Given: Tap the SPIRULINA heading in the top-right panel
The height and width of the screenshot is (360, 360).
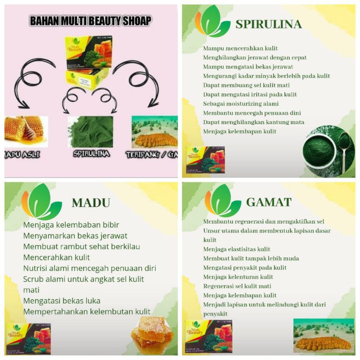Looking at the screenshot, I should (x=268, y=24).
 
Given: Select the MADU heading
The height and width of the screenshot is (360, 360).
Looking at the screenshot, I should (x=90, y=203).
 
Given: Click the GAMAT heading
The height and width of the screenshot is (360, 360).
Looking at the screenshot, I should (x=269, y=202).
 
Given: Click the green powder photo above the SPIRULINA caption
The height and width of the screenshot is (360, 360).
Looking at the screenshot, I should (x=90, y=131).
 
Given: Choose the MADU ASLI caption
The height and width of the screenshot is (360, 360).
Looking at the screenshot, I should (x=22, y=155).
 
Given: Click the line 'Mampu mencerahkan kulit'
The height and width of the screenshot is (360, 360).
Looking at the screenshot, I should (x=240, y=48).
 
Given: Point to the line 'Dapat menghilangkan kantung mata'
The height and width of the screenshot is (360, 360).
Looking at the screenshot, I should (x=253, y=122).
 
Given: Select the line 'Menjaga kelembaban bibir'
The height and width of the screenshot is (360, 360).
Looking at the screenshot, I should (x=71, y=225).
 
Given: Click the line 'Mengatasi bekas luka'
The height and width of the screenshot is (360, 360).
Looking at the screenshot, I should (x=62, y=301).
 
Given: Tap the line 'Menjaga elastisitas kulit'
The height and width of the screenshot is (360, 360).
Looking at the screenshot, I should (x=237, y=249).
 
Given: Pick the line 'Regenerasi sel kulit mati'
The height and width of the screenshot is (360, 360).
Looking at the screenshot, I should (x=237, y=286).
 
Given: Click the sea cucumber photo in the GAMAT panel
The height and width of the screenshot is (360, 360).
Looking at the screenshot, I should (x=324, y=336).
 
